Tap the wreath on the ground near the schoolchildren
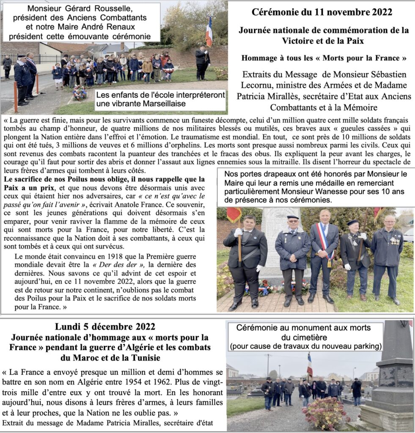pos(80,93)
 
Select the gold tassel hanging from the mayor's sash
pos(329,263)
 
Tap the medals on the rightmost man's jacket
pos(395,241)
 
